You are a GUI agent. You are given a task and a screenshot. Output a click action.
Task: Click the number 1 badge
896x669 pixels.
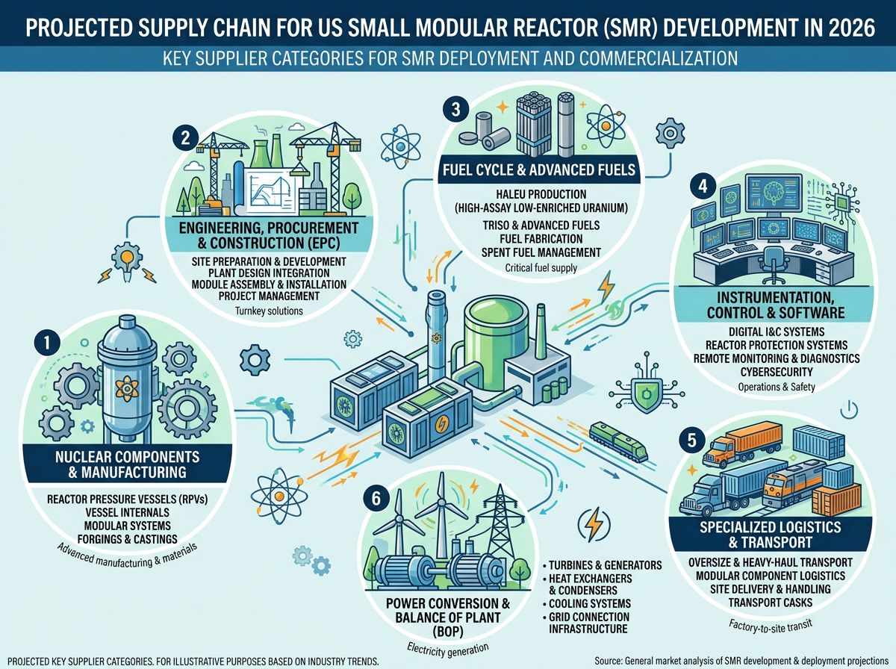tap(47, 342)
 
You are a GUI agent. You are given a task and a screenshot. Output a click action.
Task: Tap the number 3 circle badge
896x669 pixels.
tap(455, 109)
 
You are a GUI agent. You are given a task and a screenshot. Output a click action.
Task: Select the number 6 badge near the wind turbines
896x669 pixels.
tap(376, 498)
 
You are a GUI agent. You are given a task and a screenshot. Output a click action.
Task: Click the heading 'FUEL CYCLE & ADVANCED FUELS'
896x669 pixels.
tap(539, 169)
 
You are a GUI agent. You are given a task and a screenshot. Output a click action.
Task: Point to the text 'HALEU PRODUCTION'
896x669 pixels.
tap(541, 194)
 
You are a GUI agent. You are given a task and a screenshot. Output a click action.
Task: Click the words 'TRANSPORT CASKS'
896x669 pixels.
tap(771, 603)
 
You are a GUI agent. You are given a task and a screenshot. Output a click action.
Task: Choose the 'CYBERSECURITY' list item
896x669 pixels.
tap(777, 372)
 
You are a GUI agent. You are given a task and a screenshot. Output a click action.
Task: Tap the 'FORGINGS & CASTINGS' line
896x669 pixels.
tap(128, 539)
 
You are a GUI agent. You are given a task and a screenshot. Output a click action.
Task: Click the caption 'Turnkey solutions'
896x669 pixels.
tap(269, 311)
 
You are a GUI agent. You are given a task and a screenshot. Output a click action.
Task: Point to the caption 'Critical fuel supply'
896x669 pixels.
tap(541, 268)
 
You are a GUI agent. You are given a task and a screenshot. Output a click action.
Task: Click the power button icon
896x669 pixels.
tap(849, 410)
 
